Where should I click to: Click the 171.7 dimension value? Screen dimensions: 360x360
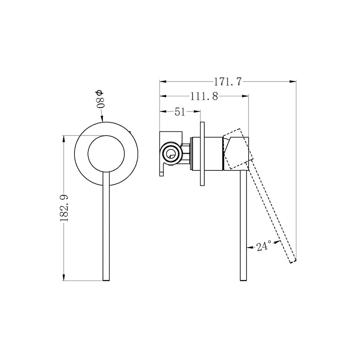pos(228,82)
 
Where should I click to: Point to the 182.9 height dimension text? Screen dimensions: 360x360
pos(64,207)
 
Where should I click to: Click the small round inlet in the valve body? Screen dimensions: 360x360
pos(170,154)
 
